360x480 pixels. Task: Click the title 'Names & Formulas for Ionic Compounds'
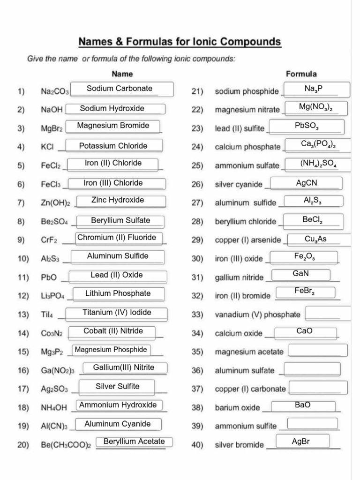click(180, 42)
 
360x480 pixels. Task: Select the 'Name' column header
click(122, 74)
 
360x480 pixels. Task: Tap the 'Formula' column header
click(301, 74)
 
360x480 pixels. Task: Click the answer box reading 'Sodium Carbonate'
click(120, 89)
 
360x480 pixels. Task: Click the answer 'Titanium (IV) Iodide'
click(117, 313)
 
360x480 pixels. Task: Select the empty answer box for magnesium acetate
click(318, 351)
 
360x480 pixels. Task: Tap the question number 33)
click(197, 315)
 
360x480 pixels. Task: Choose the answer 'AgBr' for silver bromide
click(301, 442)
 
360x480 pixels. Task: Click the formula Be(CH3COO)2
click(66, 445)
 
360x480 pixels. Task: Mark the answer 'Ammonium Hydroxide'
click(118, 405)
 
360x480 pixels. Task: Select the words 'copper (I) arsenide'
click(247, 240)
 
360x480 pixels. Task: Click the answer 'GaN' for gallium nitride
click(300, 274)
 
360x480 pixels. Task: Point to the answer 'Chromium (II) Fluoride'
click(117, 238)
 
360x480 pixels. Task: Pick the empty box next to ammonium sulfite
click(312, 424)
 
